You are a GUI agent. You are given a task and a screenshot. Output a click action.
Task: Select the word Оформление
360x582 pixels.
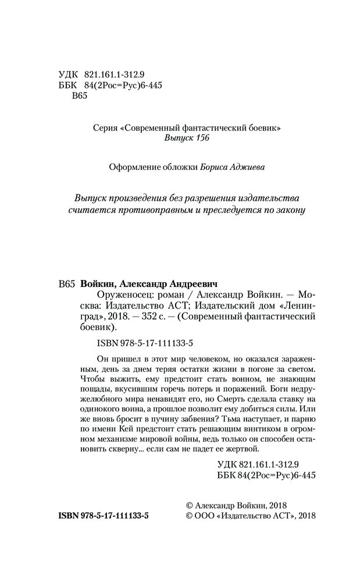134,167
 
